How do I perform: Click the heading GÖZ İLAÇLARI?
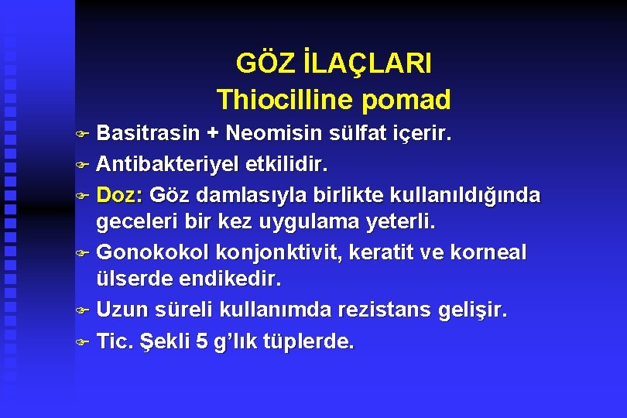(x=334, y=63)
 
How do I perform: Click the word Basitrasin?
(x=148, y=133)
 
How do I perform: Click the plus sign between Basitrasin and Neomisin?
(x=211, y=134)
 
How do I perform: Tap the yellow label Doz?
(x=120, y=194)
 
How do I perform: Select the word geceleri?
(x=134, y=223)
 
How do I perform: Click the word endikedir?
(x=233, y=281)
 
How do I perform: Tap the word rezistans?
(x=376, y=310)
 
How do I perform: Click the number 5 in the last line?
(x=202, y=341)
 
